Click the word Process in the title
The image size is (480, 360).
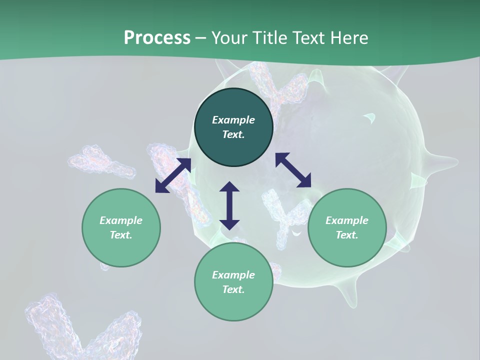[x=157, y=38]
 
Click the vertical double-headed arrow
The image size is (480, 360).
[x=229, y=205]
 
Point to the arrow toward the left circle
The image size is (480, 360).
[x=173, y=175]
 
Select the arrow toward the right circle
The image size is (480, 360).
[x=293, y=170]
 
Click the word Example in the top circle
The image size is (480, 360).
[x=233, y=120]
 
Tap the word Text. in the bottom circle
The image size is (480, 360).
[x=233, y=289]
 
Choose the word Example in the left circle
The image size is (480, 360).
[x=121, y=220]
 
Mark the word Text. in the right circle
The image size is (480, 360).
[x=347, y=235]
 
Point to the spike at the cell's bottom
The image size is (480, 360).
[x=349, y=295]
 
